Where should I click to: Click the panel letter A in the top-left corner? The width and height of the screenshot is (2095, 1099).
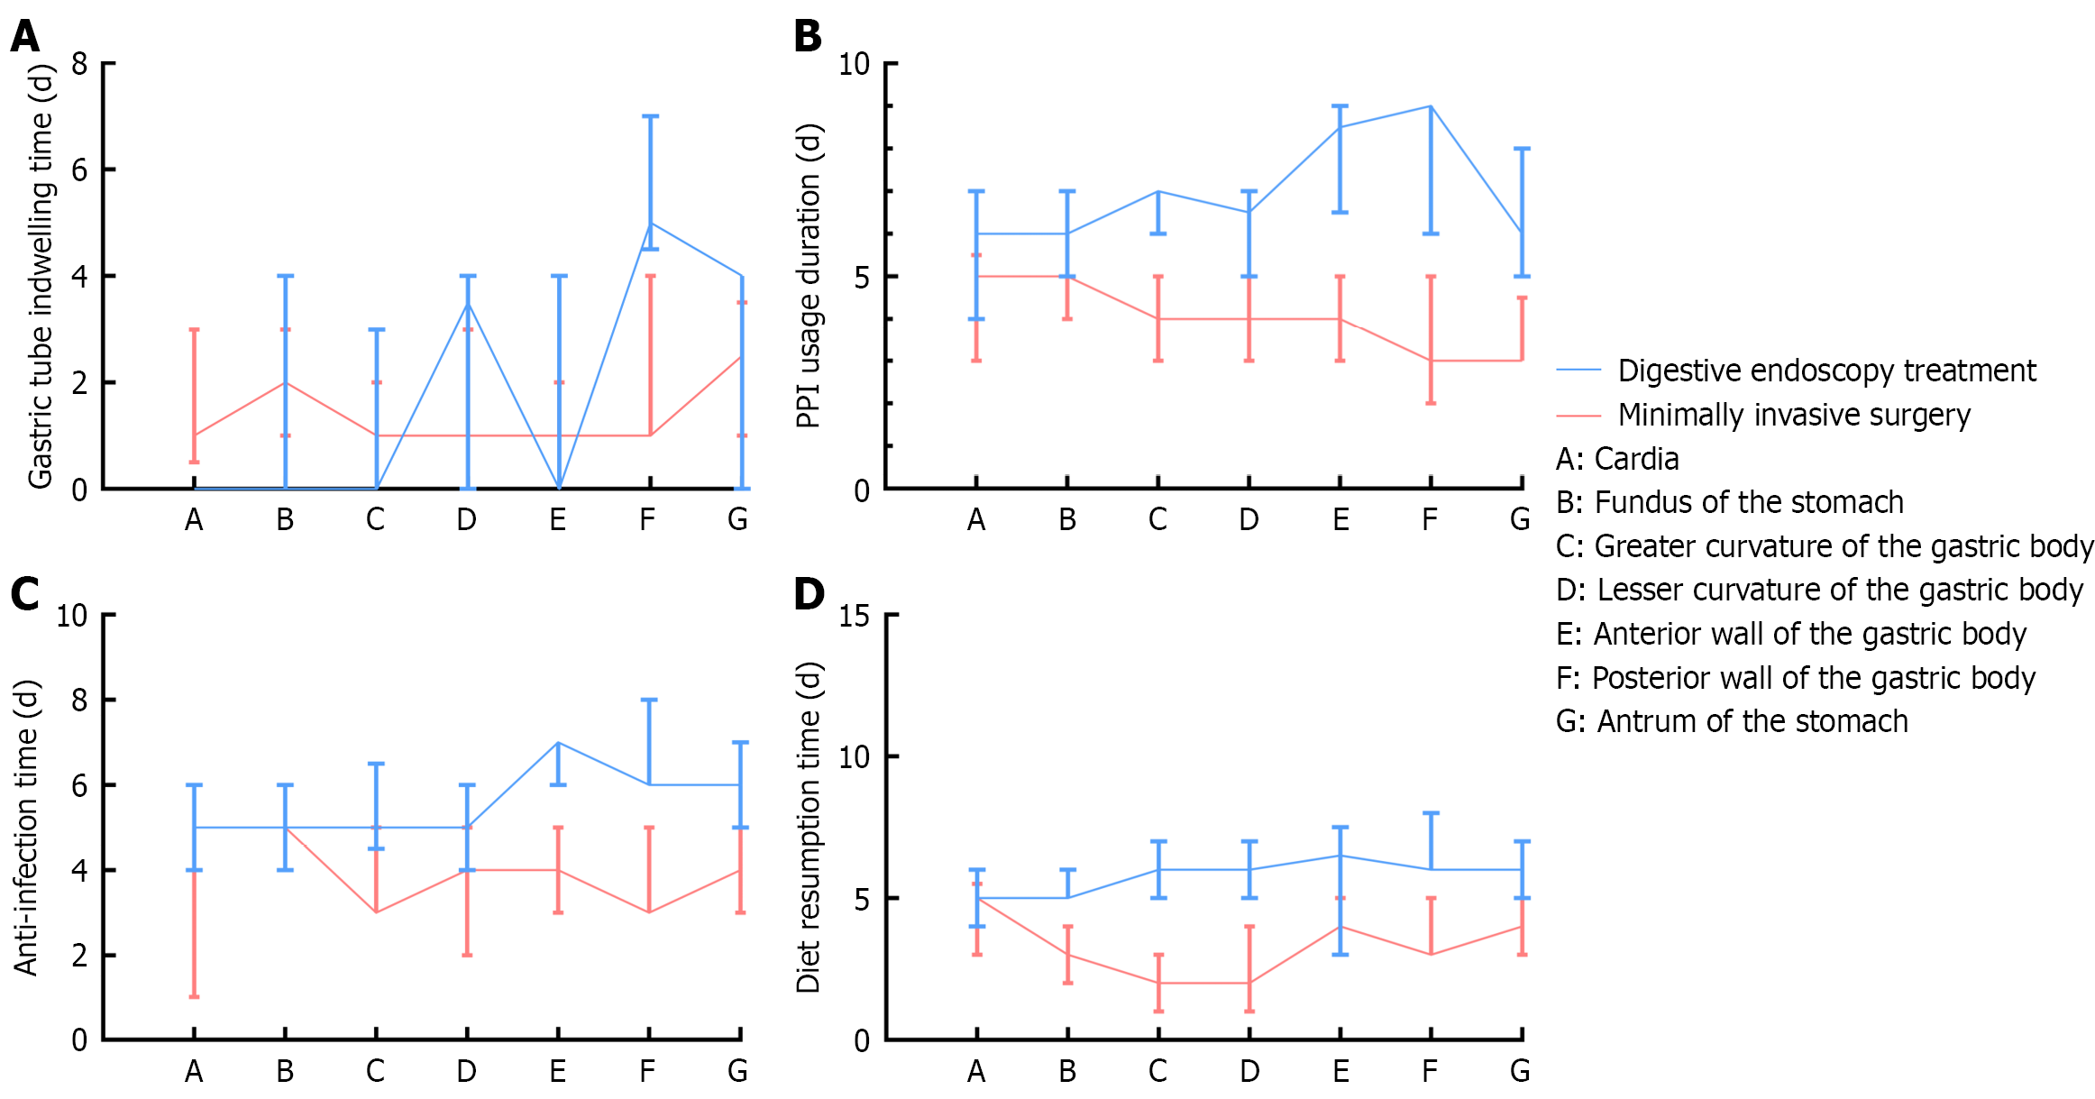[x=25, y=36]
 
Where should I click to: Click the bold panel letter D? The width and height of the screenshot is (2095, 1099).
[x=809, y=594]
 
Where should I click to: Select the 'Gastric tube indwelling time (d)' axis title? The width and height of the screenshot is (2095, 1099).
[x=41, y=276]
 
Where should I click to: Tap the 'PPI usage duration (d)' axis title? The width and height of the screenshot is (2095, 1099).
[x=809, y=276]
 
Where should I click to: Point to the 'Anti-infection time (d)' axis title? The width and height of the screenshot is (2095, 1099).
[x=27, y=828]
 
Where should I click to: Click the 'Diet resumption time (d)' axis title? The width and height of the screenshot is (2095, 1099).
[x=809, y=828]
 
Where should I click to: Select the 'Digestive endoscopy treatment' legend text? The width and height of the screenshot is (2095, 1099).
[x=1826, y=371]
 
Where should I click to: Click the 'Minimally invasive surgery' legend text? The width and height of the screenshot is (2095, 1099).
[x=1794, y=415]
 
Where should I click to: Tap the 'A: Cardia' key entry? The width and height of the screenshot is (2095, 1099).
[x=1617, y=459]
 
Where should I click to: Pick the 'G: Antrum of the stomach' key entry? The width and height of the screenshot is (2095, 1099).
[x=1732, y=721]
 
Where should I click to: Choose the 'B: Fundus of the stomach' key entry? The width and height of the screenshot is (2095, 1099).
[x=1730, y=502]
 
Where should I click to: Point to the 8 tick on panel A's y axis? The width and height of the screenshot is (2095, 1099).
[x=80, y=64]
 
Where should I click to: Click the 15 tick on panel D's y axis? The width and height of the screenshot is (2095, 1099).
[x=854, y=616]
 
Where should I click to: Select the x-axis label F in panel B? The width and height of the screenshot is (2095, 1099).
[x=1430, y=519]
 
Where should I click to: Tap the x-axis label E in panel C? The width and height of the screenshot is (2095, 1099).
[x=558, y=1071]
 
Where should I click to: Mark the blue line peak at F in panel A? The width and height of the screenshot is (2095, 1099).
[x=650, y=223]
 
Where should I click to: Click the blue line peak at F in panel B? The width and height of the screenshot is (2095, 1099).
[x=1431, y=106]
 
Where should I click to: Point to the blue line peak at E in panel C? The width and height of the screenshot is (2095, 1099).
[x=558, y=743]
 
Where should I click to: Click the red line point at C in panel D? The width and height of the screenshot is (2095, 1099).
[x=1158, y=983]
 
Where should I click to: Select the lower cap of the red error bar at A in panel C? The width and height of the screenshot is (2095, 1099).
[x=194, y=996]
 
